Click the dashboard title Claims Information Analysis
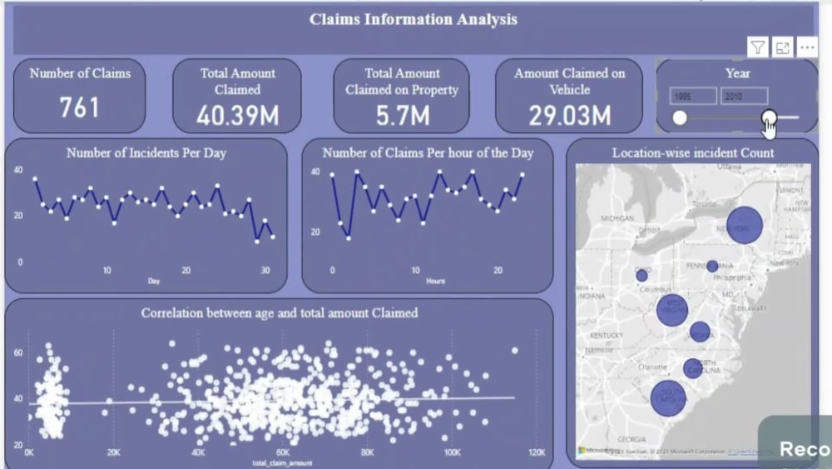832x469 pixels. pyautogui.click(x=413, y=19)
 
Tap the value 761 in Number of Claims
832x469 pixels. pyautogui.click(x=79, y=107)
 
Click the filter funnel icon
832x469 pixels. pyautogui.click(x=757, y=47)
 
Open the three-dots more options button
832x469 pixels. pyautogui.click(x=807, y=47)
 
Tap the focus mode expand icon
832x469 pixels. pyautogui.click(x=782, y=47)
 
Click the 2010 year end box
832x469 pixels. pyautogui.click(x=743, y=96)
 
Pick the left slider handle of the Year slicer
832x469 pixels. pyautogui.click(x=680, y=117)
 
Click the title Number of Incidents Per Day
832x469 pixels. pyautogui.click(x=146, y=153)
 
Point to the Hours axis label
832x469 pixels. pyautogui.click(x=435, y=281)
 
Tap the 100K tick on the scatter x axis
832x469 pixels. pyautogui.click(x=452, y=453)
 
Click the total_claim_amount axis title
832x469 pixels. pyautogui.click(x=277, y=462)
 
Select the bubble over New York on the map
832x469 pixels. pyautogui.click(x=745, y=226)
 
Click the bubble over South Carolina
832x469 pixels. pyautogui.click(x=668, y=398)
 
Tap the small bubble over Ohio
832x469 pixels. pyautogui.click(x=641, y=275)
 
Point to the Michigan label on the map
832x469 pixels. pyautogui.click(x=617, y=218)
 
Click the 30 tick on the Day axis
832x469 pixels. pyautogui.click(x=265, y=271)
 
